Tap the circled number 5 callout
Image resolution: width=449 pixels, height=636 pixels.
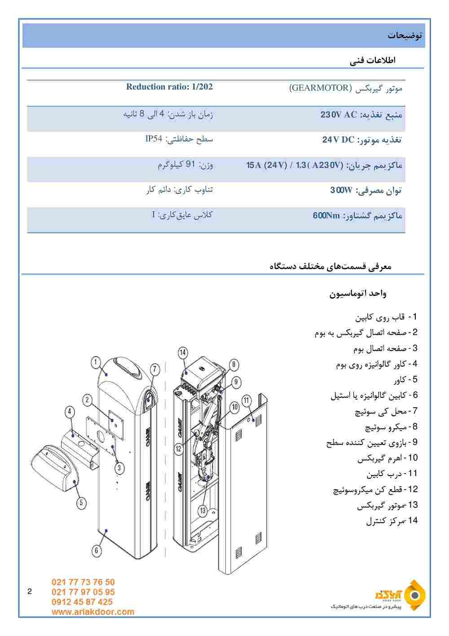coord(81,502)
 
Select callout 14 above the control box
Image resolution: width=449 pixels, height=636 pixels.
coord(183,353)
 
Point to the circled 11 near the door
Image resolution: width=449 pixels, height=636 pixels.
coord(247,400)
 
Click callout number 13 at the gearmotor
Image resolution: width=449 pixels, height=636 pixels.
coord(203,510)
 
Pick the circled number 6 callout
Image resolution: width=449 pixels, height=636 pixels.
coord(97,550)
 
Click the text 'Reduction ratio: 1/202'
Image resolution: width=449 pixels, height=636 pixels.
coord(169,87)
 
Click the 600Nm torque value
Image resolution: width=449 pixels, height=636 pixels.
coord(326,216)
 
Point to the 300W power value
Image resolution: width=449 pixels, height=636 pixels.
coord(341,191)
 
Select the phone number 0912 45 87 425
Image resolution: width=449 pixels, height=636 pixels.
coord(82,602)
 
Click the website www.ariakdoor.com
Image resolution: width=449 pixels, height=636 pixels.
coord(93,612)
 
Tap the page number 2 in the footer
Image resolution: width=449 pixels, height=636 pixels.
coord(30,591)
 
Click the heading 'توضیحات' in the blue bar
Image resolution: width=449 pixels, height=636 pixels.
coord(405,36)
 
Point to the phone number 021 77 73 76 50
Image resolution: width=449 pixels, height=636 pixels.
coord(83,582)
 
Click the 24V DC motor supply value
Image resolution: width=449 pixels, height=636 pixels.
coord(339,140)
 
